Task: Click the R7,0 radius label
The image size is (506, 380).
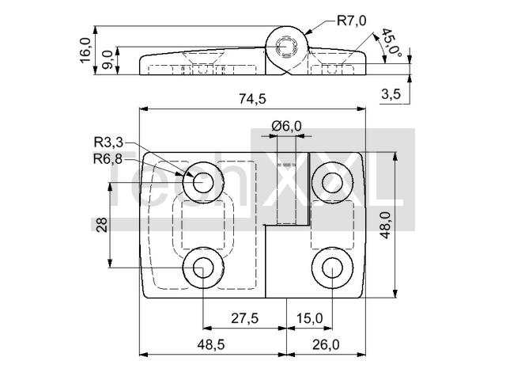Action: pos(351,21)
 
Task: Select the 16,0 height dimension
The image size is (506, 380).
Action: pos(86,51)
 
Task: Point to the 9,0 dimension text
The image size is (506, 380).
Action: pos(108,60)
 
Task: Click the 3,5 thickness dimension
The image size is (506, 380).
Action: pos(391,94)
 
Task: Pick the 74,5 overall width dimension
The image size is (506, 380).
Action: pos(253,99)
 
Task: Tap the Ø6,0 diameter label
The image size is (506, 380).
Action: pos(286,126)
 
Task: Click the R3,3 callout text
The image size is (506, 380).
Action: pos(108,142)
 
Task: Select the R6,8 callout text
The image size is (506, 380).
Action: pos(108,159)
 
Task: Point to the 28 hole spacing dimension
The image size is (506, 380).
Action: pos(102,225)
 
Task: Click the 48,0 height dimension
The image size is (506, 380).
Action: pos(385,225)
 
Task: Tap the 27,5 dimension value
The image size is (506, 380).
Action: pos(245,318)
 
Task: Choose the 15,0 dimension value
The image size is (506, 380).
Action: pos(309,318)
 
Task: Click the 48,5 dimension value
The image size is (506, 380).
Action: pos(211,345)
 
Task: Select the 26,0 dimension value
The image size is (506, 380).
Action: pos(326,345)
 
